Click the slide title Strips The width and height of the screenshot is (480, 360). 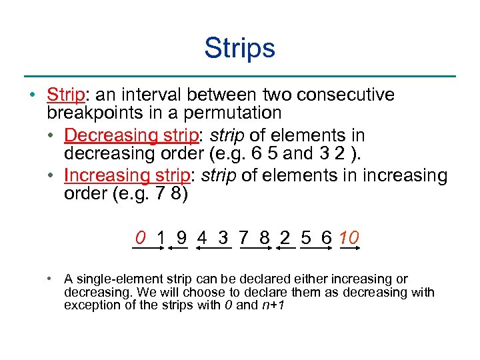click(239, 48)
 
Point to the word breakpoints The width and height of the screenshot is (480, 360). click(95, 113)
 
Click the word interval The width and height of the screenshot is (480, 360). click(157, 95)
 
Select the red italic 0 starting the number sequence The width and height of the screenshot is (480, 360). click(140, 237)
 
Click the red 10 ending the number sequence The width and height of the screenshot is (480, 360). click(349, 237)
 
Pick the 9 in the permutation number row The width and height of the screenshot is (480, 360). click(181, 237)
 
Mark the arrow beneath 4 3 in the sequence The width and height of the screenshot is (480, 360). click(213, 248)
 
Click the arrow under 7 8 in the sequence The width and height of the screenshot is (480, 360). click(256, 248)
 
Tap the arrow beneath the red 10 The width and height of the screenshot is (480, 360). click(350, 248)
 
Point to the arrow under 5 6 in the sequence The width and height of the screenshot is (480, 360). click(316, 248)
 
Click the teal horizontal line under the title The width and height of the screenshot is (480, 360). click(239, 75)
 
